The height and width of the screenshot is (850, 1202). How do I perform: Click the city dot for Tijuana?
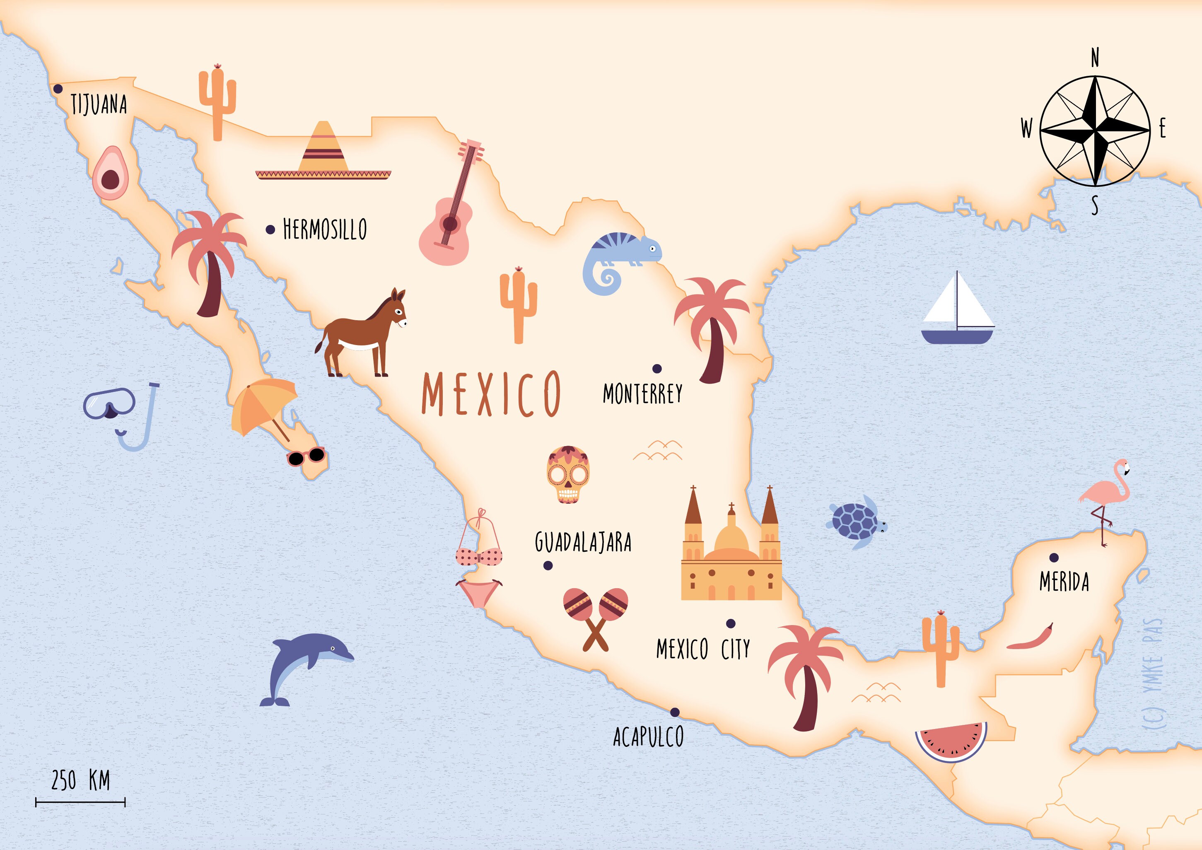point(58,89)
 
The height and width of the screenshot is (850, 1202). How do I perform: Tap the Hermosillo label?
point(325,229)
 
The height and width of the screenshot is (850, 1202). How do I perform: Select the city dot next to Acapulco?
point(675,712)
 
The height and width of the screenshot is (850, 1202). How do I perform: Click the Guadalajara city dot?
point(548,565)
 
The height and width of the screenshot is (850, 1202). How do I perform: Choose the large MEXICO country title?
point(491,394)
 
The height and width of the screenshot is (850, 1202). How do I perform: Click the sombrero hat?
point(323,155)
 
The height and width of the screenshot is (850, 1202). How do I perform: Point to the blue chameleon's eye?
point(652,248)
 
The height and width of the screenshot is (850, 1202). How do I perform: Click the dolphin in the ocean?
point(306,665)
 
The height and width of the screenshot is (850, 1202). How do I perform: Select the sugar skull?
point(568,474)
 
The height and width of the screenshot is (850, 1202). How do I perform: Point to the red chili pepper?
point(1029,638)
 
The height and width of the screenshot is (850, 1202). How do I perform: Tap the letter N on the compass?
point(1095,58)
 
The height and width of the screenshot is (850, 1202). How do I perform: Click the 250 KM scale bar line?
point(80,802)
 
